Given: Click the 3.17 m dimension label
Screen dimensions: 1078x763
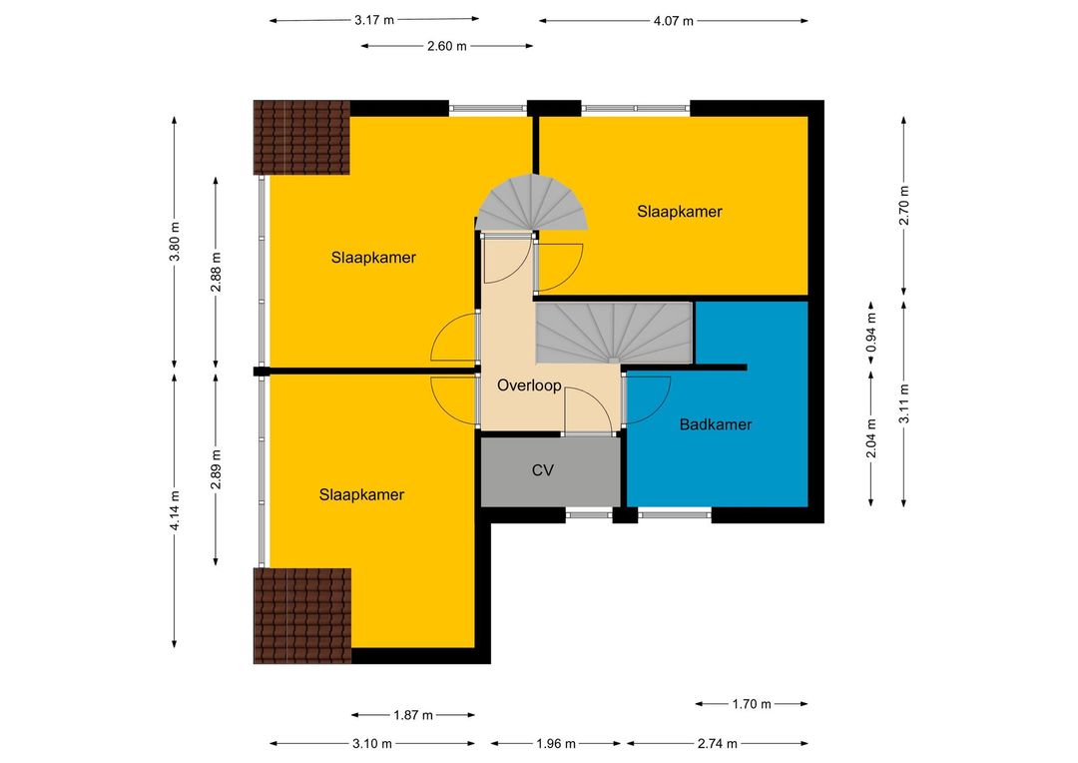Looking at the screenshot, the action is [x=374, y=20].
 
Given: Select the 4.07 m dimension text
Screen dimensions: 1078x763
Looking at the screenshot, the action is [x=673, y=21].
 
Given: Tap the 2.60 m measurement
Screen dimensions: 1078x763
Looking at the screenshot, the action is [x=447, y=46].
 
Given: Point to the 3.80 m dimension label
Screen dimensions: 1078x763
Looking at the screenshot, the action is [x=175, y=242].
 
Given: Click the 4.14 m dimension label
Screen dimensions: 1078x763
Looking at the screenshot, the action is [x=175, y=509].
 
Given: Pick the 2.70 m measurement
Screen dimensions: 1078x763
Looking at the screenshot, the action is [x=904, y=205].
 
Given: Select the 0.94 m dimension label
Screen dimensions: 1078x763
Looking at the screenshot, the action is [x=871, y=333].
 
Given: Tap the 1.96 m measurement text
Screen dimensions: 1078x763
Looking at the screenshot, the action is [x=556, y=744].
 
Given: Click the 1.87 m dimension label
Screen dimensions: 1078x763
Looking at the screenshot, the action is [x=413, y=715].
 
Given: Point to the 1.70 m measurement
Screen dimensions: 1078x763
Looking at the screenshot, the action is [x=752, y=704].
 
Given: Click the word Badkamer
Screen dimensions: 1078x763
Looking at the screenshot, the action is [x=715, y=424].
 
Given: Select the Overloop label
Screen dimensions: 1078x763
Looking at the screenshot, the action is [x=529, y=385].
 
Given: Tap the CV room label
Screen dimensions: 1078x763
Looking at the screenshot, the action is [x=542, y=470].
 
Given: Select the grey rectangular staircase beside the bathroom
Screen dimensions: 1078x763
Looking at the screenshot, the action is [x=614, y=333].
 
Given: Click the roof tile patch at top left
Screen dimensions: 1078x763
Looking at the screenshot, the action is [x=301, y=138].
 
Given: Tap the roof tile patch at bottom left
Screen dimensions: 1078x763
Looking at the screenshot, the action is [x=302, y=616].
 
